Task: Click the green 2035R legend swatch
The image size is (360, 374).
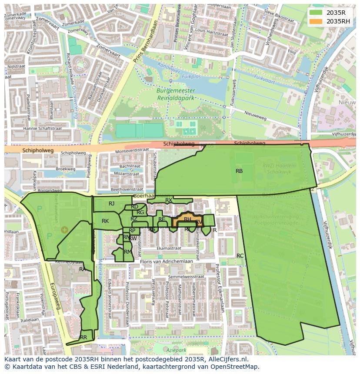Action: (x=316, y=13)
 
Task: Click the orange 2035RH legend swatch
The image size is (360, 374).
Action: (x=316, y=21)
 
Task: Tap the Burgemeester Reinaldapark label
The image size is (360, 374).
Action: (x=176, y=94)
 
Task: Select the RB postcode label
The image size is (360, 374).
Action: (x=239, y=171)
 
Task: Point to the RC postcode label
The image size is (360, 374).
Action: (x=240, y=256)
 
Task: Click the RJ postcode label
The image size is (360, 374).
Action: (x=112, y=204)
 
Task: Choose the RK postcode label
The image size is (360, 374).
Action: (x=105, y=221)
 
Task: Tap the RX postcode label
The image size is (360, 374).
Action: (x=169, y=200)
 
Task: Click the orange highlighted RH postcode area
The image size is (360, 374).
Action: (x=187, y=220)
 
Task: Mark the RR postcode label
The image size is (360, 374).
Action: (x=83, y=338)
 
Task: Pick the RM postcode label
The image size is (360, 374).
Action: (x=127, y=252)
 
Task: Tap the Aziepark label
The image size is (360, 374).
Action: (x=176, y=350)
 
